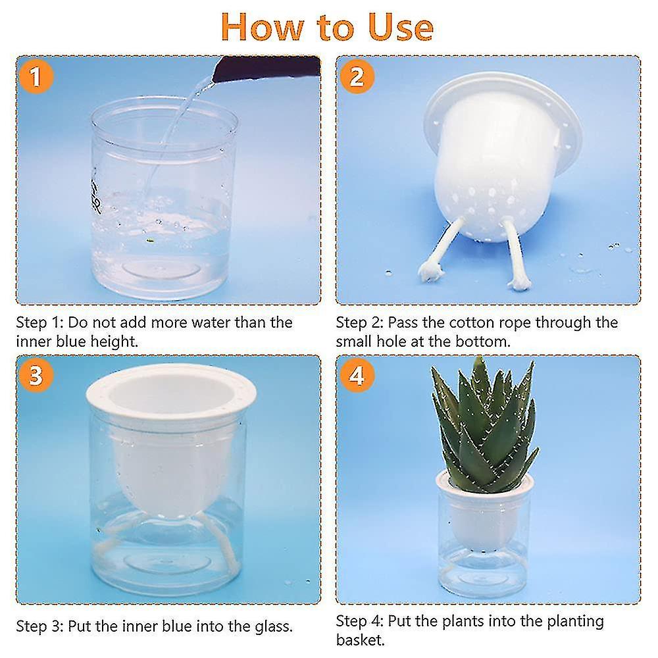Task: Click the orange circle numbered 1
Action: [36, 78]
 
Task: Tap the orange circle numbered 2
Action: [357, 78]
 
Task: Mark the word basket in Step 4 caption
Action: [359, 640]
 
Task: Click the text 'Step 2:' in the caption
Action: [360, 322]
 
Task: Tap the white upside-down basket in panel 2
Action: [500, 158]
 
